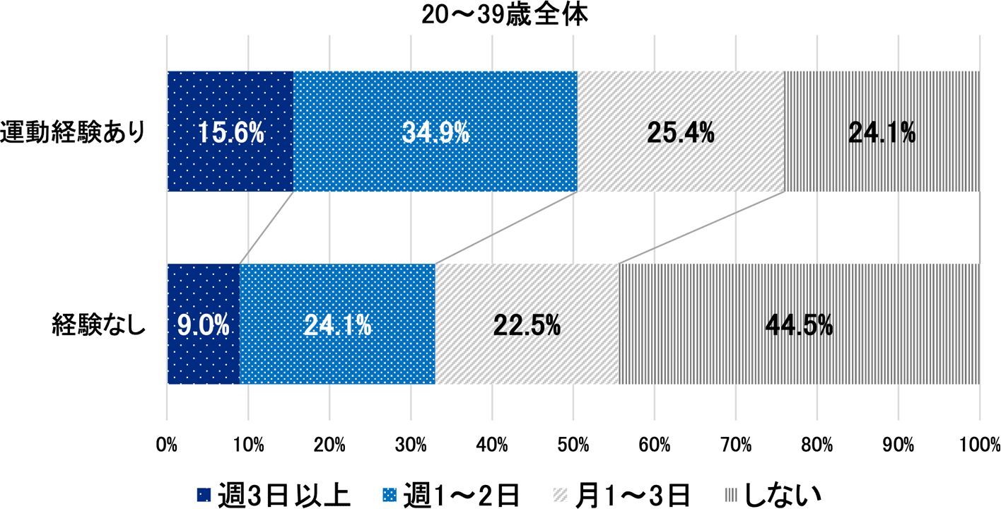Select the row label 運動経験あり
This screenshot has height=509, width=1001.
coord(74,132)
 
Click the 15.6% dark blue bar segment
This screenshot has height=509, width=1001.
coord(230,132)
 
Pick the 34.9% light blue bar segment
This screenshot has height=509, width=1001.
coord(435,132)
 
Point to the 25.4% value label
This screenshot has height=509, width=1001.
coord(681,132)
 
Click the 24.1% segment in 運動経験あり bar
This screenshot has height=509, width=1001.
coord(882,132)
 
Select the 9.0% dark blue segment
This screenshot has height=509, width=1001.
coord(204,324)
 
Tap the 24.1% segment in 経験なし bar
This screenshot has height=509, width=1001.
coord(338,324)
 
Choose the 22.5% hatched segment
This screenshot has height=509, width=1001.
coord(527,324)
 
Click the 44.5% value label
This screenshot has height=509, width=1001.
coord(799,324)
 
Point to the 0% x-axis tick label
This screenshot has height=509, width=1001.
coord(167,445)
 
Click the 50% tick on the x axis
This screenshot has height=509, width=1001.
coord(573,445)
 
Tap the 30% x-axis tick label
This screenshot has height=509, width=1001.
coord(411,445)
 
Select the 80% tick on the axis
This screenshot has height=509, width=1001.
coord(817,445)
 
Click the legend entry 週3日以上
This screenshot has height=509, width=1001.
coord(273,494)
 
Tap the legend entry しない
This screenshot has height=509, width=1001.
coord(775,494)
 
